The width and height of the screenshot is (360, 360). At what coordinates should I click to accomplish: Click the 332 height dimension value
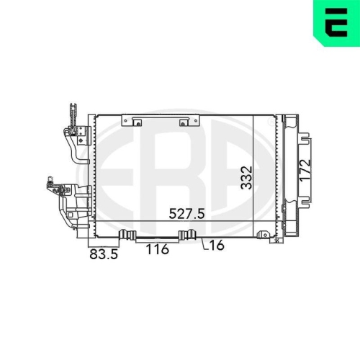pyautogui.click(x=247, y=178)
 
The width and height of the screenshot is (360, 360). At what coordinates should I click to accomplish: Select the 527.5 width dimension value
pyautogui.click(x=187, y=213)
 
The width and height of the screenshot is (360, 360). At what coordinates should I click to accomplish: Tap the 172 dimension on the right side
pyautogui.click(x=305, y=171)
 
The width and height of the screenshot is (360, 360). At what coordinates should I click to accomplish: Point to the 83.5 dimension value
pyautogui.click(x=104, y=254)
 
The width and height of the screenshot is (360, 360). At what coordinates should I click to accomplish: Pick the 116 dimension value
pyautogui.click(x=157, y=249)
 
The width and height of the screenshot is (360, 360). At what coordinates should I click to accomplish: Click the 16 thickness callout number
pyautogui.click(x=217, y=245)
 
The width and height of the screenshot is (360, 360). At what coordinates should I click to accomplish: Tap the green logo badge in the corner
pyautogui.click(x=336, y=22)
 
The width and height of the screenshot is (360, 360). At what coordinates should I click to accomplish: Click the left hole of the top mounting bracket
pyautogui.click(x=138, y=124)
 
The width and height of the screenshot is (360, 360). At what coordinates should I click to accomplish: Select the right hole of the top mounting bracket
pyautogui.click(x=183, y=124)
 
